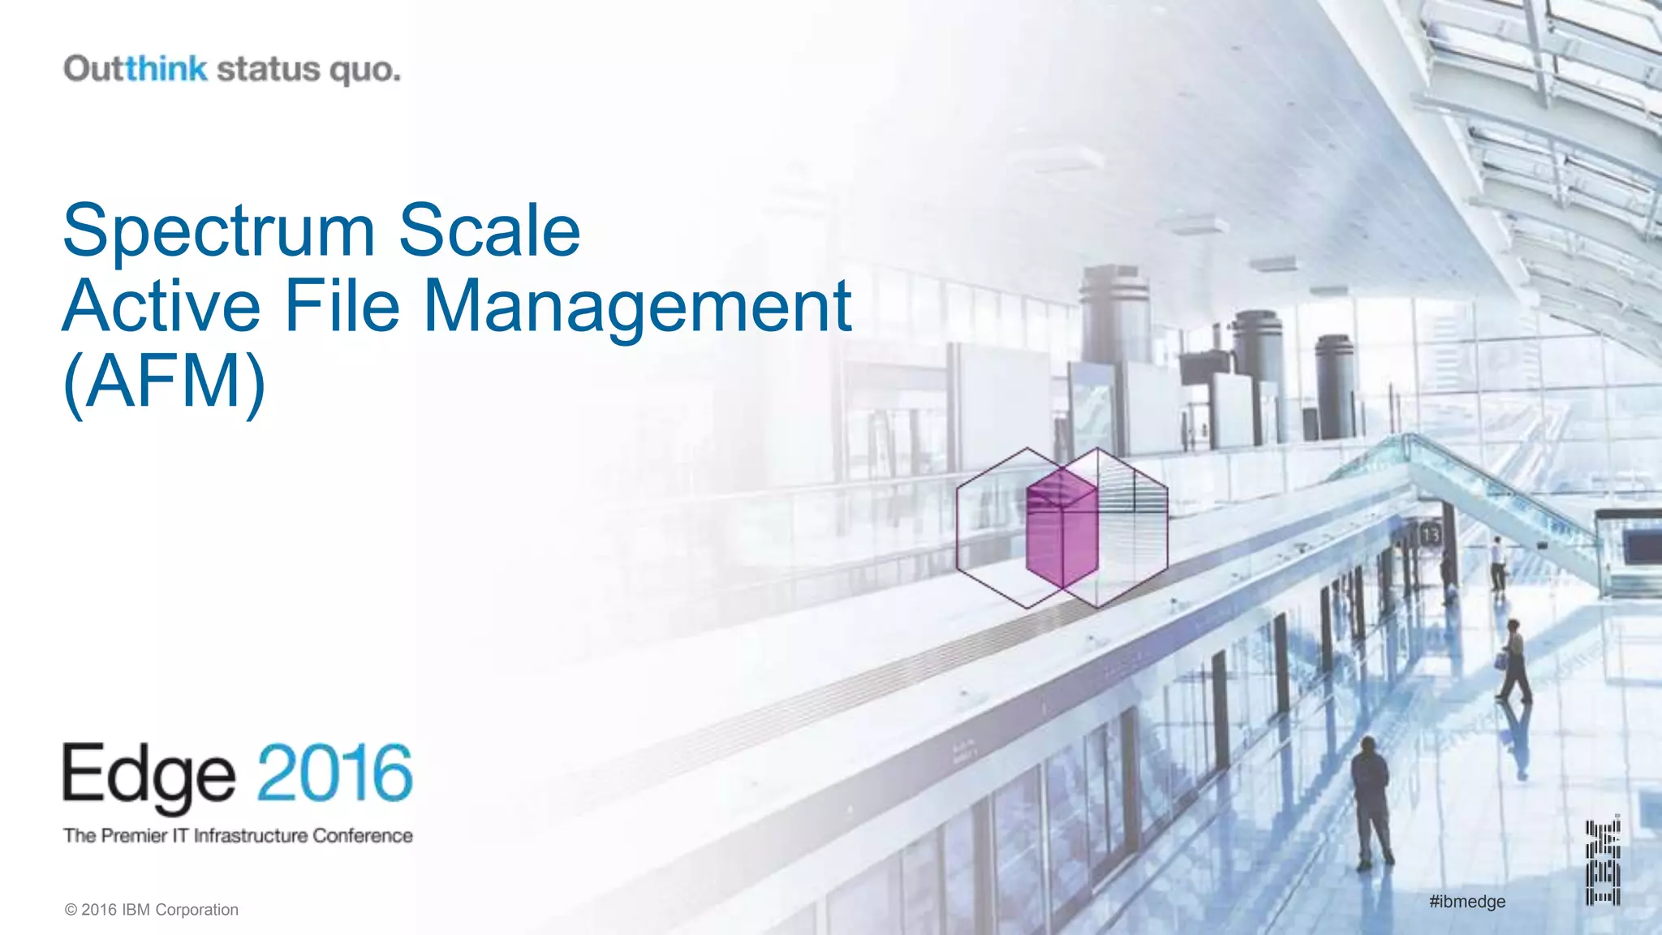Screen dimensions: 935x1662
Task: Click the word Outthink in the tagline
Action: point(136,69)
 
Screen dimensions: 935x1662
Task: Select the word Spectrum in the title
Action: point(219,232)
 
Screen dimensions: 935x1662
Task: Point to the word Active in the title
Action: point(161,307)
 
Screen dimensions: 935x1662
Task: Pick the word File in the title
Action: point(342,307)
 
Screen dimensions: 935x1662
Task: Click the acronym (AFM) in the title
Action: point(165,381)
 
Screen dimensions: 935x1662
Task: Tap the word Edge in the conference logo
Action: point(149,776)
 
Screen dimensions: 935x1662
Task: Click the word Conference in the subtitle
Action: point(363,835)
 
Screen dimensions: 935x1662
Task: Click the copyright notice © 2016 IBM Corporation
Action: point(152,910)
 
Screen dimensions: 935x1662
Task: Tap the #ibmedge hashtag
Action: point(1467,901)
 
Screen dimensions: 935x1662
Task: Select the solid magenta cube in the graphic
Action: point(1061,528)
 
